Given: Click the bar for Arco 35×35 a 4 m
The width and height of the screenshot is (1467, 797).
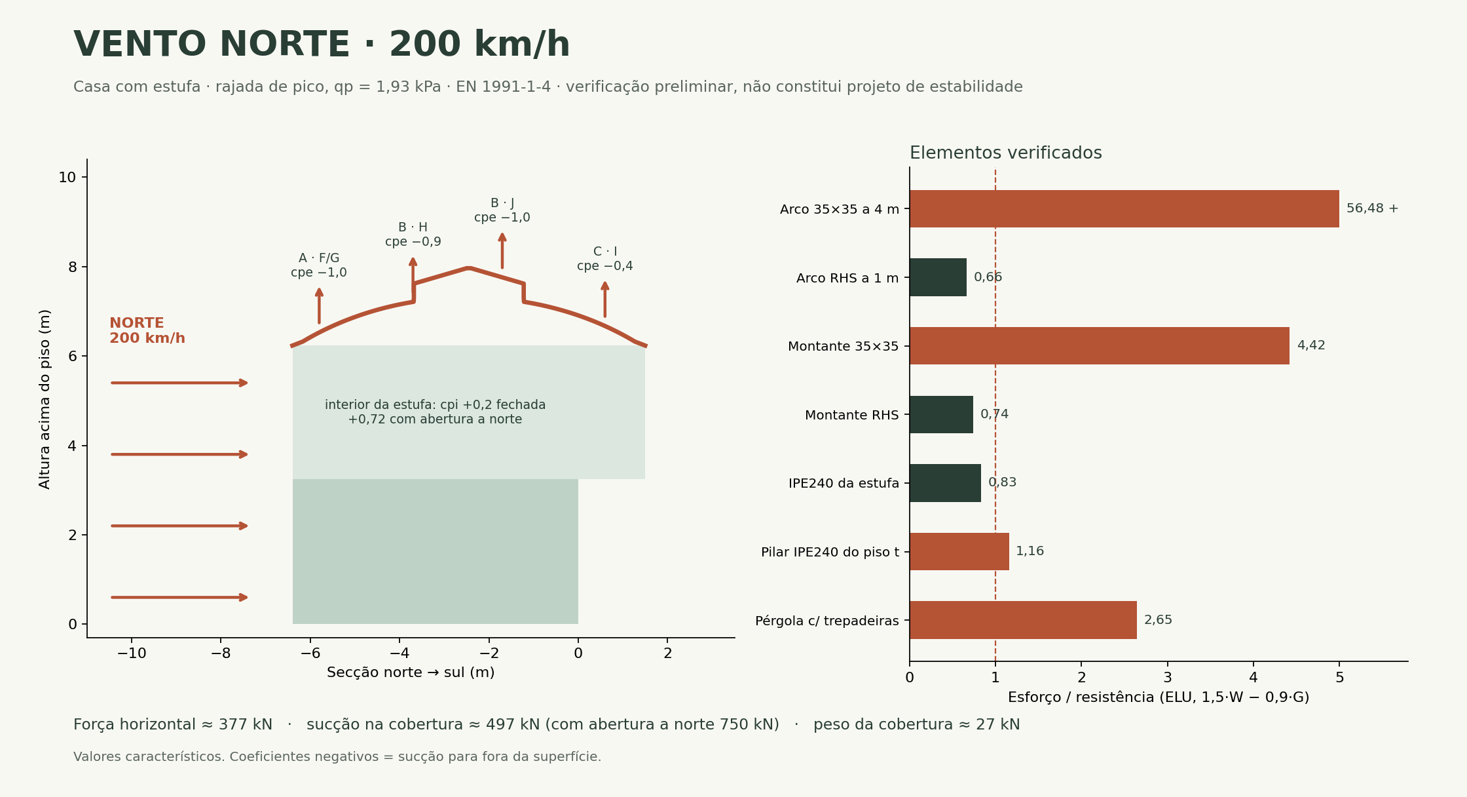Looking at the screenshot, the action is (1124, 209).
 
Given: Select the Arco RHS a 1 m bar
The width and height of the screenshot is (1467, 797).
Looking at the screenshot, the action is (938, 277).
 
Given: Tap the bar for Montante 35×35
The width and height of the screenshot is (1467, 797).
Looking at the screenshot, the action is (1100, 345).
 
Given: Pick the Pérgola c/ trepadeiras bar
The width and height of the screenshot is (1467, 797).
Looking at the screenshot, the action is (1023, 620).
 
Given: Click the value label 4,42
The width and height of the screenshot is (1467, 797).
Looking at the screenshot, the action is (1311, 345).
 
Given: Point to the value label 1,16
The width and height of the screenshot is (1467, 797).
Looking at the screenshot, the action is (1030, 551).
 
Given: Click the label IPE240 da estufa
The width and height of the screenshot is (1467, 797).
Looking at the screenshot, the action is (844, 484).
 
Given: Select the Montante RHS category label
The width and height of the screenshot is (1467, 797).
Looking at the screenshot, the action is (851, 415).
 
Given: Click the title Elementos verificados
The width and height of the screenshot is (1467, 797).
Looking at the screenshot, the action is (1005, 153).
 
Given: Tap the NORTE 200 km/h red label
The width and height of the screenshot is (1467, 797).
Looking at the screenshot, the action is (147, 331).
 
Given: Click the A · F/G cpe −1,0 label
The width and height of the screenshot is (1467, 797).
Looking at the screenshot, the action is (319, 265).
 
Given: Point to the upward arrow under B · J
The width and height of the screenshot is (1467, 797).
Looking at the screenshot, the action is (502, 250).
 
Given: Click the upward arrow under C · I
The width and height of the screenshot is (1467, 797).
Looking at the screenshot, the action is (605, 300).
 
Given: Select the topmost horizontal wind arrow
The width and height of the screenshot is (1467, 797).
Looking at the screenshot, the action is (179, 383).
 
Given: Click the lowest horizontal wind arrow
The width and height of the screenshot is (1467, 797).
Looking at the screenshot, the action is (179, 597).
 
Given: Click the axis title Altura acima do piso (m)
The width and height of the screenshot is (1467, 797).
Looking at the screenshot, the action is (45, 399).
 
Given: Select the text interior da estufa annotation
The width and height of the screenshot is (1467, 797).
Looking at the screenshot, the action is (436, 412).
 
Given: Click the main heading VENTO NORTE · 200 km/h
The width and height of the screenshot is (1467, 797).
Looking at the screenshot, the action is (322, 45).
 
